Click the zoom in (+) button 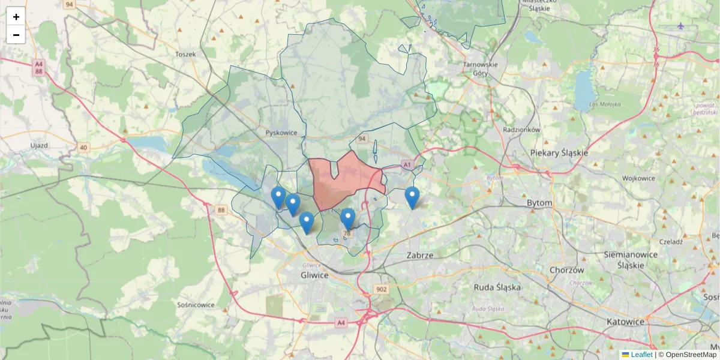point(16,17)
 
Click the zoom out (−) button point(16,35)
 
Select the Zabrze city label point(419,255)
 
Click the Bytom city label point(539,203)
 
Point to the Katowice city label point(625,322)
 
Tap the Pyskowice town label point(281,133)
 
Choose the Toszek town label point(185,54)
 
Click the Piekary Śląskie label point(559,153)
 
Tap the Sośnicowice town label point(196,305)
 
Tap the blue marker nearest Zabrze point(412,197)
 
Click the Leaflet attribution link point(641,355)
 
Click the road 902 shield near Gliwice point(382,289)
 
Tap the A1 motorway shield point(407,164)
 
